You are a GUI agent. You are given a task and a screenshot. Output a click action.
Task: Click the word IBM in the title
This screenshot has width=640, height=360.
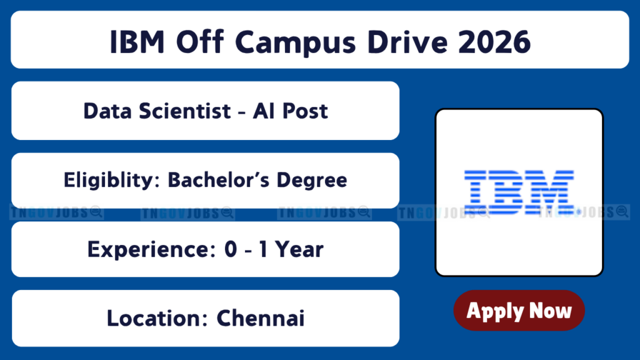coord(137,42)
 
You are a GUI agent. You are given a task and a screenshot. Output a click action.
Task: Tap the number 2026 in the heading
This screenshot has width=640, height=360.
coord(494,42)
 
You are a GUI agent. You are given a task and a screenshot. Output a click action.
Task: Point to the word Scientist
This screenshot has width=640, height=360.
coord(185,111)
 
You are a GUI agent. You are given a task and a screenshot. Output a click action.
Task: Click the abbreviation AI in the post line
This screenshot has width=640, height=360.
coord(263,111)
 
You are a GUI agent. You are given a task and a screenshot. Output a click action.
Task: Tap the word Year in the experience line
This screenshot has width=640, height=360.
coord(299,249)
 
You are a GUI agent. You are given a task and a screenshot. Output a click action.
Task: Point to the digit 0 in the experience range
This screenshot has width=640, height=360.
coord(231,249)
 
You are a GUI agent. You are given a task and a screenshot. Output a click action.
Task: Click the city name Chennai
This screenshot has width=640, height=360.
coord(261,318)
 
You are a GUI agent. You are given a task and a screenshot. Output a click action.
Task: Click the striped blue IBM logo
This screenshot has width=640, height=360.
coord(519,192)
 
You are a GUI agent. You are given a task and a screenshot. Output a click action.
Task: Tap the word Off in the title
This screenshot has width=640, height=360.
coord(200,42)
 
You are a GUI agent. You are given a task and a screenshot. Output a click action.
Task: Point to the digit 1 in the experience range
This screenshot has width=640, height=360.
coord(263,249)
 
